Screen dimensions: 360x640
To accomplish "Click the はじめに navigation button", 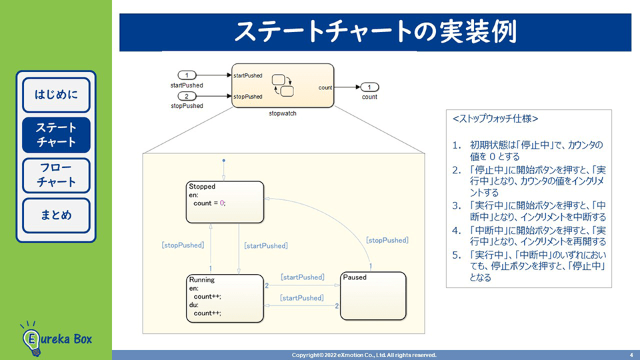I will [56, 95].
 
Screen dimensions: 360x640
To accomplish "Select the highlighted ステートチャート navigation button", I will [56, 135].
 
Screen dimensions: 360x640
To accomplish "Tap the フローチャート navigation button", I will [56, 175].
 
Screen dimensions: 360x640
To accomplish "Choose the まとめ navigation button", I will [56, 215].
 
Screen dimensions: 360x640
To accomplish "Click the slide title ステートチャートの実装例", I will [375, 31].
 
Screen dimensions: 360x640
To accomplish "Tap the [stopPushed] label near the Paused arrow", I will [387, 240].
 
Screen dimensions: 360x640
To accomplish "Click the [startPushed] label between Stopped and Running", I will [266, 246].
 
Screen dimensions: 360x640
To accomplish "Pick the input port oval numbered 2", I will [187, 97].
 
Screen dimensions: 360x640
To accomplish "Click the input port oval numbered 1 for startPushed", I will [187, 75].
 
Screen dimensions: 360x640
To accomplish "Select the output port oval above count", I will [369, 87].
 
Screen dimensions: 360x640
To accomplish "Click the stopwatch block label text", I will [283, 113].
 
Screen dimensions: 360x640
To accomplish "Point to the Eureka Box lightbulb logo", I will [31, 337].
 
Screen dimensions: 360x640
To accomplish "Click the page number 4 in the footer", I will [631, 355].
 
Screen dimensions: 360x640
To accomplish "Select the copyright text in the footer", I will [364, 355].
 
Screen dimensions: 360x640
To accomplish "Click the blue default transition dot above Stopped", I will [224, 161].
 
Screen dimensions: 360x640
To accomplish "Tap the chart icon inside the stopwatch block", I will [283, 85].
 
